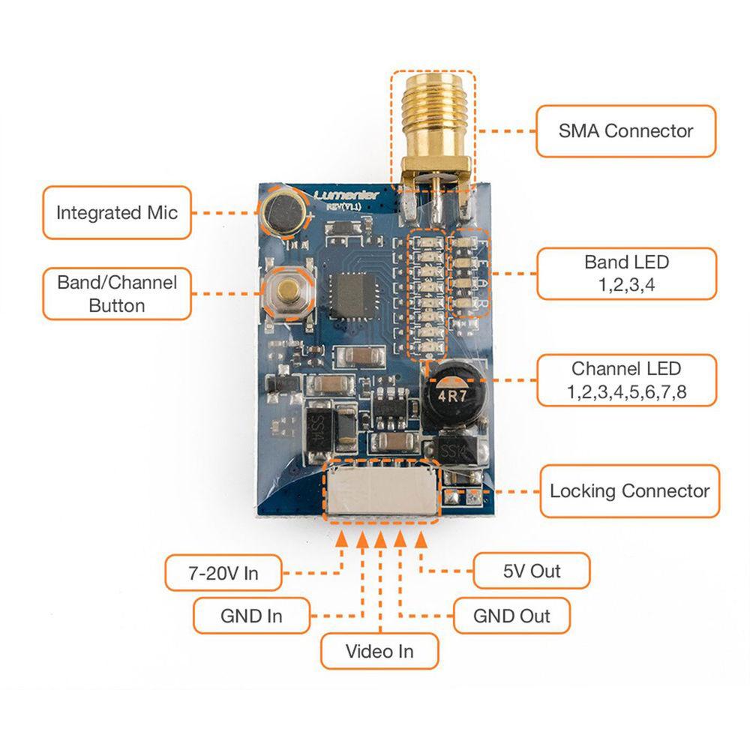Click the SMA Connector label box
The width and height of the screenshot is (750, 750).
[x=625, y=131]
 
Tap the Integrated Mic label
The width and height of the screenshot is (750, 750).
[x=116, y=212]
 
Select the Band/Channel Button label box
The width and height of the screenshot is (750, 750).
[x=116, y=293]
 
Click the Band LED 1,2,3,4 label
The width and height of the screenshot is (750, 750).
[x=625, y=274]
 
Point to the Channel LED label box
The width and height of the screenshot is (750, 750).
[x=625, y=380]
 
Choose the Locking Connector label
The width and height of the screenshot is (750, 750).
[x=628, y=491]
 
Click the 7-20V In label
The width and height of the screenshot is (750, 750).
[x=223, y=573]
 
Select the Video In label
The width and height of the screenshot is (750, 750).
[x=379, y=650]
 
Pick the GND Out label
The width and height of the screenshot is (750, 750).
[x=511, y=616]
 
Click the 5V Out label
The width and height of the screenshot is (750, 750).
[x=531, y=571]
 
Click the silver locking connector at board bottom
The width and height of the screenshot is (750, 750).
[x=380, y=492]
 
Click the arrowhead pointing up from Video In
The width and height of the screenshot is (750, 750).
[x=381, y=537]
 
